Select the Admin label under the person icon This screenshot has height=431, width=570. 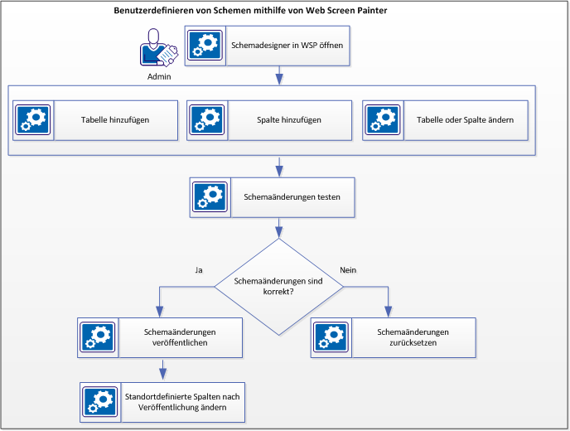[x=159, y=76]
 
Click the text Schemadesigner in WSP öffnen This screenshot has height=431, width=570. [x=287, y=45]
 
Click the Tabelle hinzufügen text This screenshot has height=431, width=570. [x=115, y=120]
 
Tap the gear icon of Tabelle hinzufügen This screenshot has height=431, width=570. [x=34, y=120]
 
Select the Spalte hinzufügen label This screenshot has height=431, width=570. [x=289, y=120]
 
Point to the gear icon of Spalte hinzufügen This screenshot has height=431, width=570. [x=207, y=120]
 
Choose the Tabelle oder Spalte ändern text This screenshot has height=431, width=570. [x=465, y=120]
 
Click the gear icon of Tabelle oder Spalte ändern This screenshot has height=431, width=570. [x=383, y=120]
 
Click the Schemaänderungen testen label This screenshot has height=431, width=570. [x=292, y=197]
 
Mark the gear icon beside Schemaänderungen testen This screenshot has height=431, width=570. [x=210, y=197]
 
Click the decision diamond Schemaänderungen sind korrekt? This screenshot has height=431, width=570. [x=278, y=287]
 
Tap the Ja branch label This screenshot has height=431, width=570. [x=198, y=270]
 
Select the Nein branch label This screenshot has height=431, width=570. [x=349, y=270]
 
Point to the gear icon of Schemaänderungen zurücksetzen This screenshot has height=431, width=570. [x=331, y=337]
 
